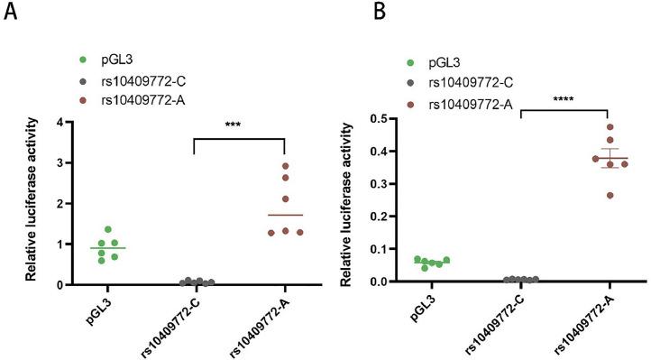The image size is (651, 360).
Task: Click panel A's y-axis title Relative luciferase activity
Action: point(31,203)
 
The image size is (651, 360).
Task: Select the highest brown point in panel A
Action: point(285,166)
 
